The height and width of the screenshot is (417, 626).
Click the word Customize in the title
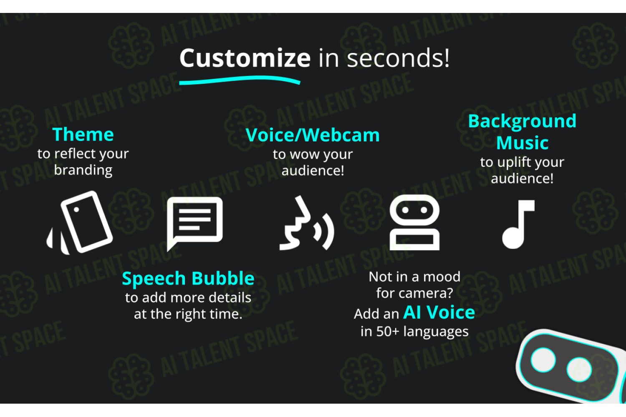(245, 58)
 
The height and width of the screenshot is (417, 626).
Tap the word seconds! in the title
(398, 58)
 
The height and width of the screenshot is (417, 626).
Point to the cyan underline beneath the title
(240, 80)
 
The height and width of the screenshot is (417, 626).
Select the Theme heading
(83, 134)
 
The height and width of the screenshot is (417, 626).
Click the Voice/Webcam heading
(313, 135)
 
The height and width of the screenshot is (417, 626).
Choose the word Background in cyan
(522, 122)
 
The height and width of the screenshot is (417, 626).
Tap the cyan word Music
(523, 143)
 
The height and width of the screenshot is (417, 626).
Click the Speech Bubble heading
(188, 279)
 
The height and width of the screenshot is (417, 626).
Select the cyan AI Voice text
(439, 312)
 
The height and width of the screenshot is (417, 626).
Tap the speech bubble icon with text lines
(195, 224)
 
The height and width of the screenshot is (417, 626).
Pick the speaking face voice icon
(307, 223)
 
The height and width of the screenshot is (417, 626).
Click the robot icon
(414, 222)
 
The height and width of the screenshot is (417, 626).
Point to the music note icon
(518, 224)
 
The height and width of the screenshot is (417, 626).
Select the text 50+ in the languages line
(388, 332)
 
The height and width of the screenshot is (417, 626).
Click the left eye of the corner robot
(543, 360)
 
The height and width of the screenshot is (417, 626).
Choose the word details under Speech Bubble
(230, 298)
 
